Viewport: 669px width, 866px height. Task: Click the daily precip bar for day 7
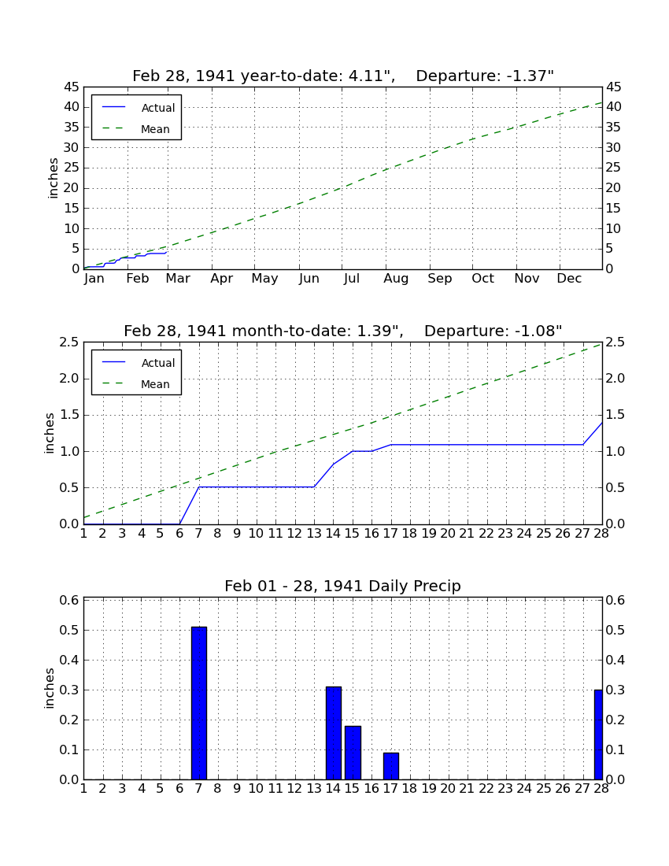tap(198, 703)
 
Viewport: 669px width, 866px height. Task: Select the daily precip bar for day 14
tap(334, 733)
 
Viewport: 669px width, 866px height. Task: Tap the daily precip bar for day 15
tap(353, 753)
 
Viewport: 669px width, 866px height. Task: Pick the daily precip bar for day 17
tap(391, 766)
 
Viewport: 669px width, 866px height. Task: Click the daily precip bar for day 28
tap(598, 735)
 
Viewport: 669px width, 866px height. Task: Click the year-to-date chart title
tap(343, 76)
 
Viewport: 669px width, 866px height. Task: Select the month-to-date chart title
tap(343, 331)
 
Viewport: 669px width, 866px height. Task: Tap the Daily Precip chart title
tap(343, 586)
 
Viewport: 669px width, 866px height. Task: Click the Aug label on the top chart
tap(397, 279)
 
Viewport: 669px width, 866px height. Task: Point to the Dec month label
tap(569, 279)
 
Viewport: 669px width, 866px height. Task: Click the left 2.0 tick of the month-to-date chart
tap(70, 379)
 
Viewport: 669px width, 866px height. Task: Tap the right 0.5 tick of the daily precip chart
tap(615, 630)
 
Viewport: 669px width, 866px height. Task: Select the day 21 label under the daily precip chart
tap(467, 789)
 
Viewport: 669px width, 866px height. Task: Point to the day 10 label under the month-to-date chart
tap(256, 534)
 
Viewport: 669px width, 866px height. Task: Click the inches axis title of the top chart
tap(53, 179)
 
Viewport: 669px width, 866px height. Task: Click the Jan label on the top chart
tap(94, 279)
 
